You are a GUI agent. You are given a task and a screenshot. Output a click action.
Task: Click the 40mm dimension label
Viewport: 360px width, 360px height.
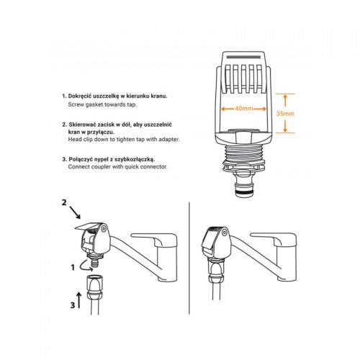tap(243, 109)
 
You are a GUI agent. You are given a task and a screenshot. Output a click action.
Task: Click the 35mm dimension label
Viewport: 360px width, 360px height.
tap(285, 114)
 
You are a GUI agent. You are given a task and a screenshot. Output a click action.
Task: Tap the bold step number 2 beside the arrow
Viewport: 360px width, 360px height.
tap(64, 202)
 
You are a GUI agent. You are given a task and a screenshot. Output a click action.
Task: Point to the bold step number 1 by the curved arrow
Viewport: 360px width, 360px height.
tap(73, 267)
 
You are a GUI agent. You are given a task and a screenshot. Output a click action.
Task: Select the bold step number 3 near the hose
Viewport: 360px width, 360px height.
tap(73, 305)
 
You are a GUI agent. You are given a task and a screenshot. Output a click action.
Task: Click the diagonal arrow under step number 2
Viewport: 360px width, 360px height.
tap(75, 212)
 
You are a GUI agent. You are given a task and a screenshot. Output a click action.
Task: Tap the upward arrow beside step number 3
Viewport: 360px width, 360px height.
tap(79, 300)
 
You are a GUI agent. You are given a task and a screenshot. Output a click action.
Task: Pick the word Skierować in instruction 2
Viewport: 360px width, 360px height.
tap(81, 125)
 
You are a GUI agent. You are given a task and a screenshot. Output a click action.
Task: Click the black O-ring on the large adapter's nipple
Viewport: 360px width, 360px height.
tap(244, 192)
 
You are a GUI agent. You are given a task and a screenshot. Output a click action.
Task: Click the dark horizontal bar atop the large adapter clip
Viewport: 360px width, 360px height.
tap(243, 57)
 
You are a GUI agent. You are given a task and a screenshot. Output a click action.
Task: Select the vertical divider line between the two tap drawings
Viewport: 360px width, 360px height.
tap(189, 258)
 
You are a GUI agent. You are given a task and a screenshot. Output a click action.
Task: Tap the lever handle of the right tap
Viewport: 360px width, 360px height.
tap(273, 239)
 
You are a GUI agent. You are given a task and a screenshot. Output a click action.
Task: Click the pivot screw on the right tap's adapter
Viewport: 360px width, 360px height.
tap(225, 232)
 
